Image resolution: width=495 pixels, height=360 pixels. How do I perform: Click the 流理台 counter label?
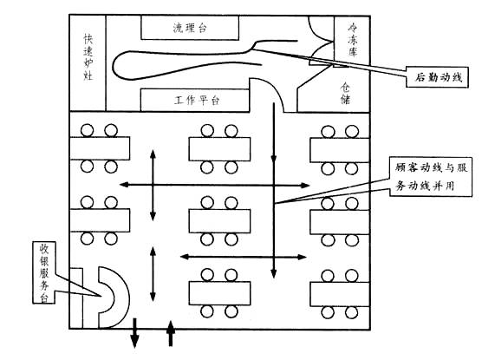[190, 28]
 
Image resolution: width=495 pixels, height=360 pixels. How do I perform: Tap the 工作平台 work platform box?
[195, 100]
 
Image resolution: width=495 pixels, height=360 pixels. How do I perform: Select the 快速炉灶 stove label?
[88, 57]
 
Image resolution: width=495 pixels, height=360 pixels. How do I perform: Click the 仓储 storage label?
[345, 93]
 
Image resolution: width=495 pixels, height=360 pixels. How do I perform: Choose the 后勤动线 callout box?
[437, 76]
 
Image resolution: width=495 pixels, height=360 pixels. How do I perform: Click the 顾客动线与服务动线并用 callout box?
[431, 177]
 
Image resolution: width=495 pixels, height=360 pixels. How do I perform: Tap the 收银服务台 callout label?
[44, 272]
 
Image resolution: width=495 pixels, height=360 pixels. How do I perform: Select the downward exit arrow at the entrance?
[134, 332]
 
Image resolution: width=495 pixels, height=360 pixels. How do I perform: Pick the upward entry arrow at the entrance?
[171, 333]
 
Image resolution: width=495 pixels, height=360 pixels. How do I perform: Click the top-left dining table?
[100, 148]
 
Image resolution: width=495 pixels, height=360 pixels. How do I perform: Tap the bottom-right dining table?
[340, 294]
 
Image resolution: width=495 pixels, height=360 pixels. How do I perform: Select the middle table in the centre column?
[219, 220]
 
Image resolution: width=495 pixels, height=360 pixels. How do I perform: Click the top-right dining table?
[340, 150]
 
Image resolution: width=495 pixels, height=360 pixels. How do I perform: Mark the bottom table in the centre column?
[219, 293]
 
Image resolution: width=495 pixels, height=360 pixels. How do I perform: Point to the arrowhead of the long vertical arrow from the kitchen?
[274, 273]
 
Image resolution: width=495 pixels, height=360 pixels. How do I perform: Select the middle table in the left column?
[100, 220]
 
